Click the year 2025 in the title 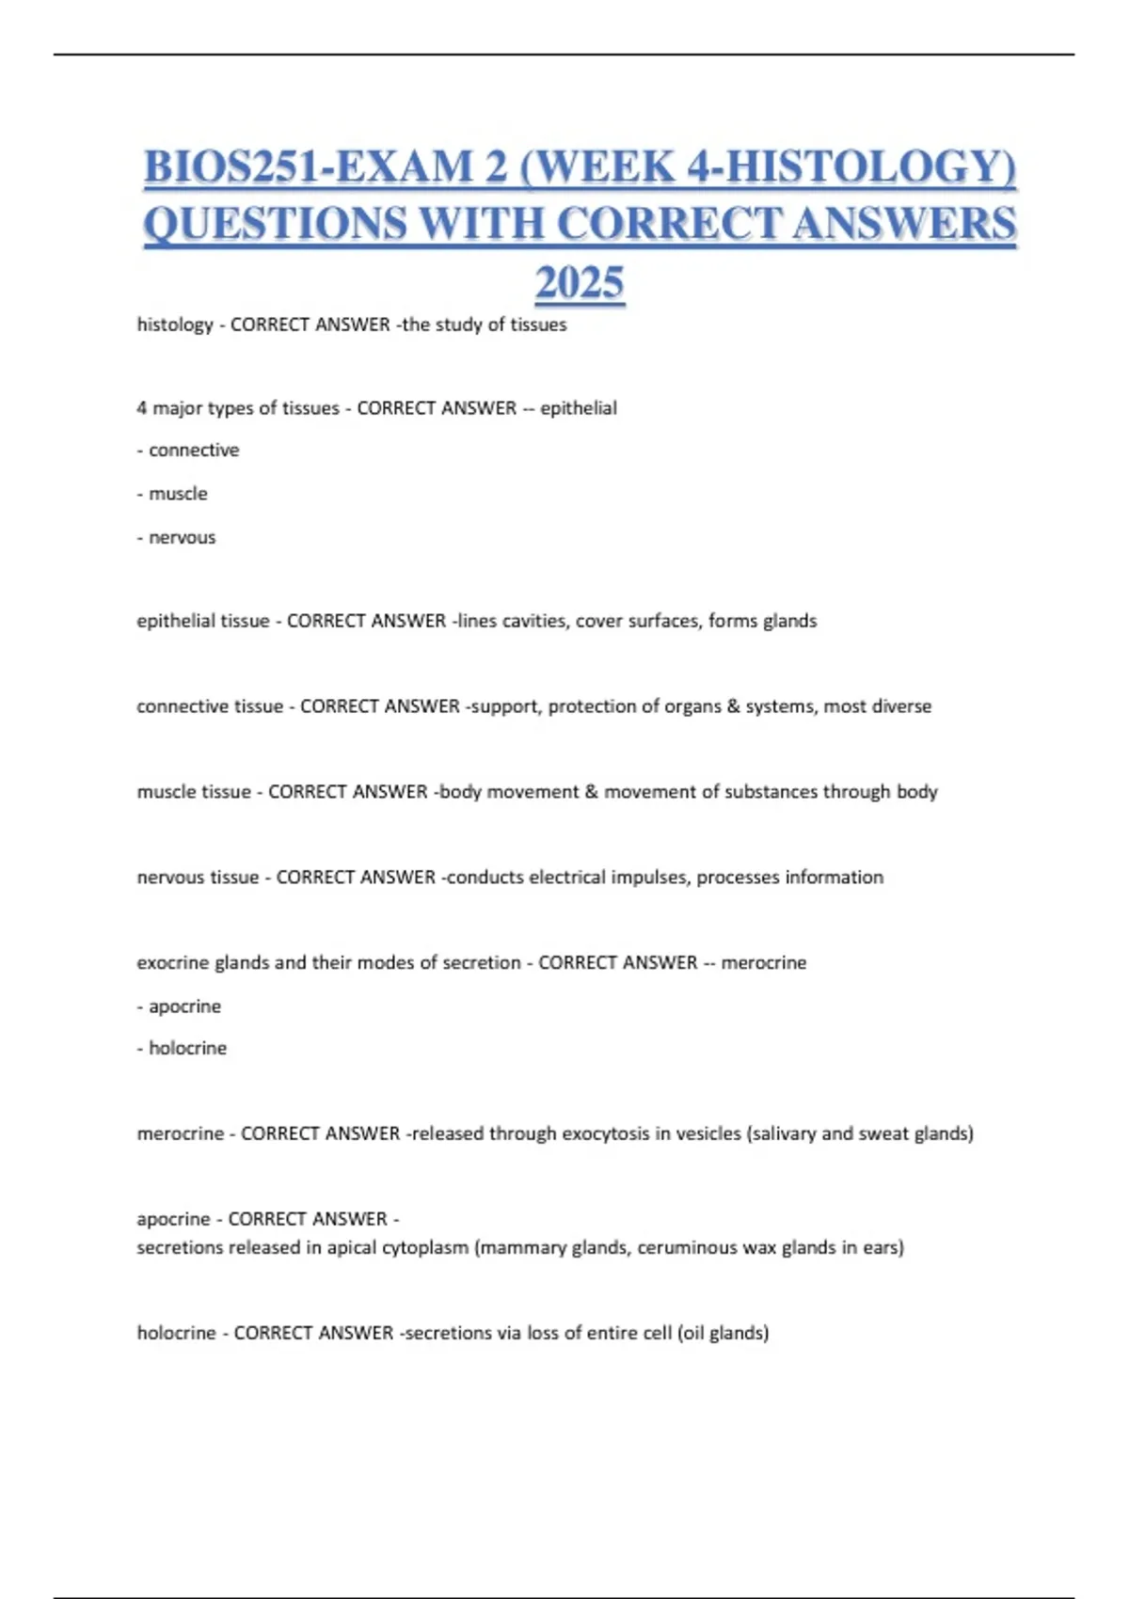(580, 282)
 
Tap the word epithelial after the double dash (579, 408)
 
